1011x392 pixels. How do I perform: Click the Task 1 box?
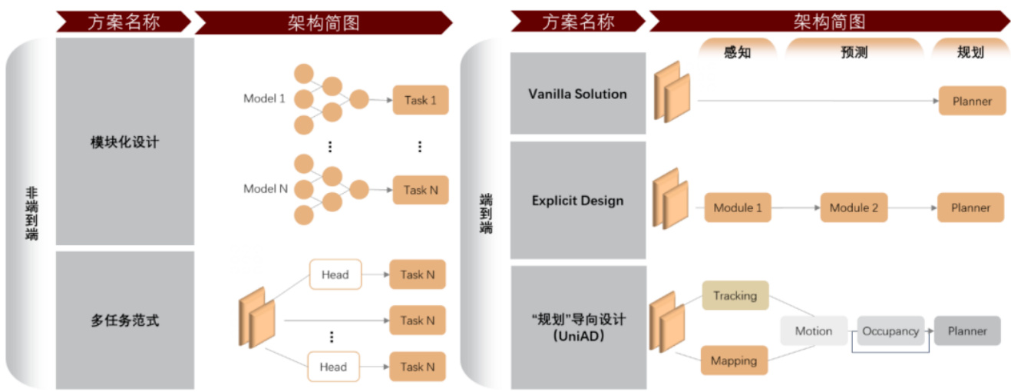coord(420,100)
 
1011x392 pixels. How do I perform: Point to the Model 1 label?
coord(264,98)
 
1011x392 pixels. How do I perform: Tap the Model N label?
coord(265,188)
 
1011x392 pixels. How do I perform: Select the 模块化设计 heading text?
coord(124,142)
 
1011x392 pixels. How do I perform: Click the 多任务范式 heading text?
coord(124,321)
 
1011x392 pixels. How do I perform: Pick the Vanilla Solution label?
coord(577,94)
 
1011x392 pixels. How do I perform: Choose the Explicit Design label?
coord(577,201)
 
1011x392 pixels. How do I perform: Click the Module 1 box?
coord(738,208)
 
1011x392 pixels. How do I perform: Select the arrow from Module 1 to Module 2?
coord(795,208)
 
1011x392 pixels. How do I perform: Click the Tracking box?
coord(735,296)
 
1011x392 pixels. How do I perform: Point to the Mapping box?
coord(734,360)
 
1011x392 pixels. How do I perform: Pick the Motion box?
coord(814,331)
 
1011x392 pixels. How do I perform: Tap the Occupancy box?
coord(890,331)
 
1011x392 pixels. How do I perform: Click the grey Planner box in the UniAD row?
coord(967,331)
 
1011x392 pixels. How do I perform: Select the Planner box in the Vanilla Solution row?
coord(972,101)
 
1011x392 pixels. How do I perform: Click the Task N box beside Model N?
coord(420,190)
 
